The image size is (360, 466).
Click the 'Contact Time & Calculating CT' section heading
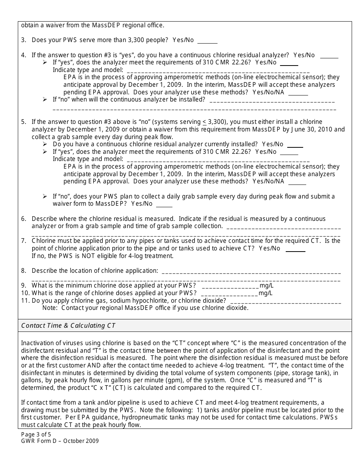68,325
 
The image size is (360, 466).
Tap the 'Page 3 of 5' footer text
33,435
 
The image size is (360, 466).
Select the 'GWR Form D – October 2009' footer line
60,441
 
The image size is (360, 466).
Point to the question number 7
23,241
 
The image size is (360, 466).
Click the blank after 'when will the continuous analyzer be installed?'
272,102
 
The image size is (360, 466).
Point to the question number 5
23,122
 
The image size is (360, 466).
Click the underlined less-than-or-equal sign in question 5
204,122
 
